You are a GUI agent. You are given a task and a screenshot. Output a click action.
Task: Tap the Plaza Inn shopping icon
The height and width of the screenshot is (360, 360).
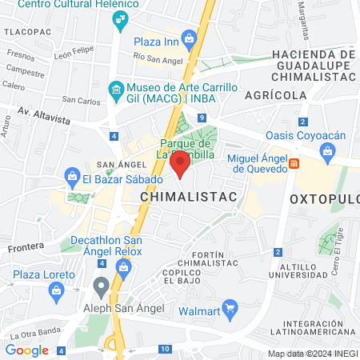tap(189, 37)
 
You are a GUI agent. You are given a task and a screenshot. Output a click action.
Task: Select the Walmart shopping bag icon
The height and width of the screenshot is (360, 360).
tap(231, 306)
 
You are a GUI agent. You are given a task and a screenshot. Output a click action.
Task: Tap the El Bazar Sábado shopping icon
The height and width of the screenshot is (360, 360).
tap(72, 174)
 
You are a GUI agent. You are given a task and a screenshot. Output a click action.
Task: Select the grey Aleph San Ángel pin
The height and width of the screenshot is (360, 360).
tap(101, 285)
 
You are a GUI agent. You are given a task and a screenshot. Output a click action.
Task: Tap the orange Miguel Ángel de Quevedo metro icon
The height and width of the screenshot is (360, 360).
tap(294, 164)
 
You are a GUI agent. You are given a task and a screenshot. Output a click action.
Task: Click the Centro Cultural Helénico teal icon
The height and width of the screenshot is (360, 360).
tap(120, 19)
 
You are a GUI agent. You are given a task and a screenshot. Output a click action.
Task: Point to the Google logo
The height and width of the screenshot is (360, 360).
tap(27, 350)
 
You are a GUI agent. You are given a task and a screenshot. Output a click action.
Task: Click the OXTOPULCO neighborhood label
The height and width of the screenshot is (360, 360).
tap(324, 198)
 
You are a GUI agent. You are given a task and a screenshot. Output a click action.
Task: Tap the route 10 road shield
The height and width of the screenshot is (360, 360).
tap(164, 349)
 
